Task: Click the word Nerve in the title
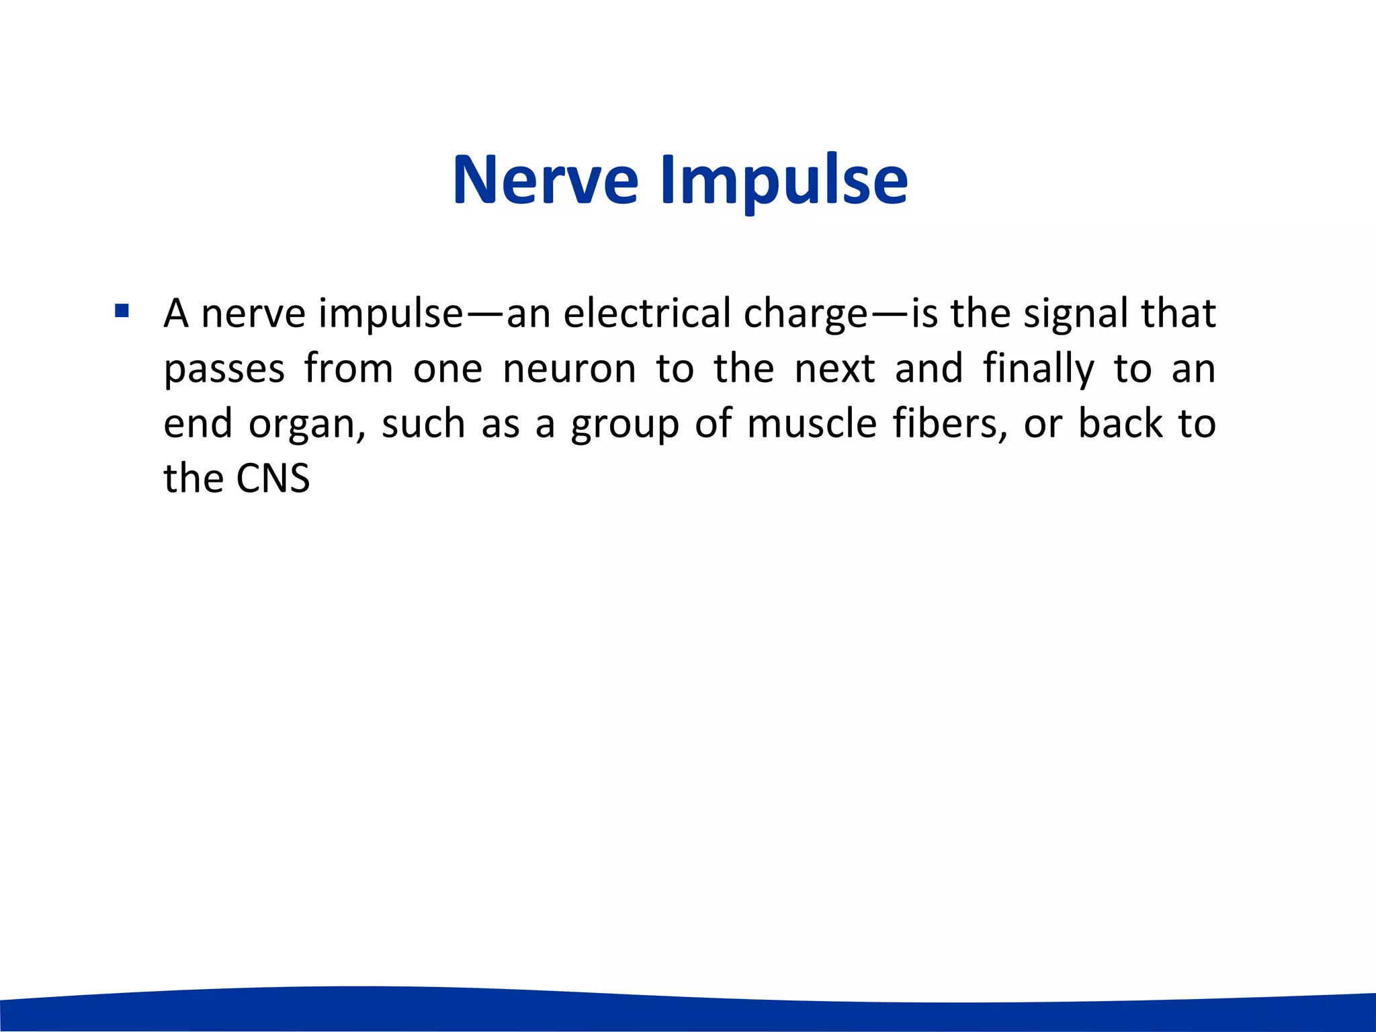pos(546,180)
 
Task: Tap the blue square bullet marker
pos(122,311)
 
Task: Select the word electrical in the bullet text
pos(646,313)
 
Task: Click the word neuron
pos(569,369)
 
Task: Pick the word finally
pos(1038,369)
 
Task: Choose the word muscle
pos(812,424)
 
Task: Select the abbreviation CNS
pos(273,478)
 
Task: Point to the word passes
pos(224,370)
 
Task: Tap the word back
pos(1120,424)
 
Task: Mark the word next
pos(834,369)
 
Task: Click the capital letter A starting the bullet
pos(176,313)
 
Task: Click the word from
pos(348,369)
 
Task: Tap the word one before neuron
pos(447,369)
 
